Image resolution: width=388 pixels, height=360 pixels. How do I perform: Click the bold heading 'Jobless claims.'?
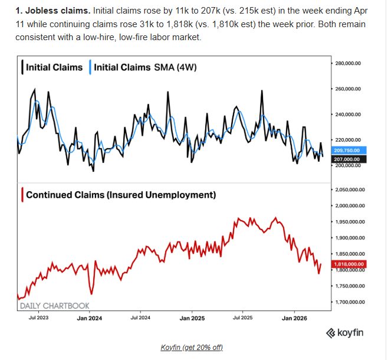pyautogui.click(x=54, y=11)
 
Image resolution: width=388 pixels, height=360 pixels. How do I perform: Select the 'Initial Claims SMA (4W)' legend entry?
pyautogui.click(x=145, y=67)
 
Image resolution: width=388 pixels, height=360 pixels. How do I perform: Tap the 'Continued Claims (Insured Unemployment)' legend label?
pyautogui.click(x=121, y=195)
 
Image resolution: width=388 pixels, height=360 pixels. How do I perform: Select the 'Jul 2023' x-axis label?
pyautogui.click(x=39, y=318)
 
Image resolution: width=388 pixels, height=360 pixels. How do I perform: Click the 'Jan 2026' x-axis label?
pyautogui.click(x=294, y=318)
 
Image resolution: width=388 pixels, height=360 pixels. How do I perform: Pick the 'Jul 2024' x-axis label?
pyautogui.click(x=140, y=318)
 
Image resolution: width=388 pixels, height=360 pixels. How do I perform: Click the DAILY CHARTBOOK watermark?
pyautogui.click(x=55, y=305)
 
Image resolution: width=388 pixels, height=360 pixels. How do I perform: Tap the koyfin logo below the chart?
pyautogui.click(x=344, y=333)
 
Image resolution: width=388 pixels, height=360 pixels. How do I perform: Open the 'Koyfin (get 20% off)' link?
pyautogui.click(x=192, y=347)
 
